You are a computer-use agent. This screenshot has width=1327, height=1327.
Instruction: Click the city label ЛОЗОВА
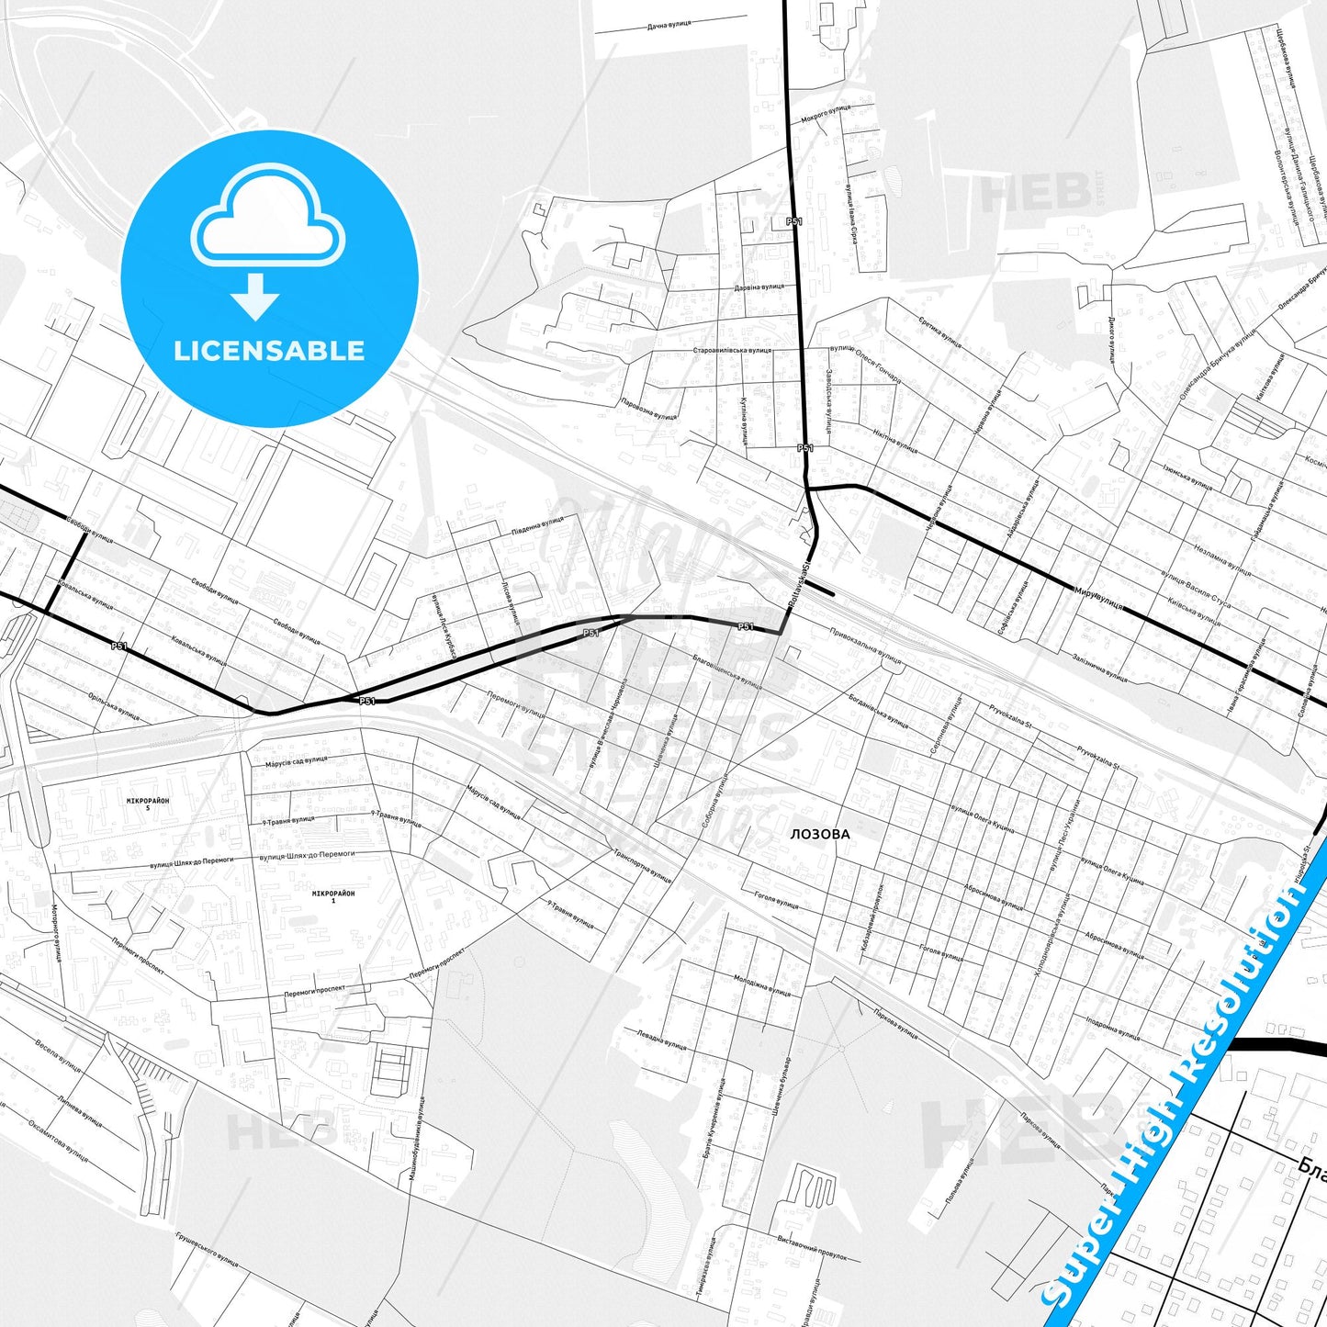[820, 835]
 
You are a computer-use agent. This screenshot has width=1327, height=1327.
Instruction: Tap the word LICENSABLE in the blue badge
[269, 351]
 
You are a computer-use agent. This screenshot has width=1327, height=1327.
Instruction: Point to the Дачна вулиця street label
[669, 27]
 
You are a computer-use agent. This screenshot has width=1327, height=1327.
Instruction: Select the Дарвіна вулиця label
[759, 287]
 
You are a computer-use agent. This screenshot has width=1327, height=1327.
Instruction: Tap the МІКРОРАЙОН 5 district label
[148, 804]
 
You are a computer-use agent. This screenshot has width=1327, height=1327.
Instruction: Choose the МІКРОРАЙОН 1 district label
[333, 896]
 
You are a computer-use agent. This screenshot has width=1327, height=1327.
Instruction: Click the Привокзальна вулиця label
[865, 645]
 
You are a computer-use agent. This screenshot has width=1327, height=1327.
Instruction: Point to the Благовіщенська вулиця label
[728, 671]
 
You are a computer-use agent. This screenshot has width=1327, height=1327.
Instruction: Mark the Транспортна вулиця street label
[642, 865]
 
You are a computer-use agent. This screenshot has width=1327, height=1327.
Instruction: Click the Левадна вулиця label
[661, 1040]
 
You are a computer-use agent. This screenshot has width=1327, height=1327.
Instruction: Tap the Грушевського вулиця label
[207, 1250]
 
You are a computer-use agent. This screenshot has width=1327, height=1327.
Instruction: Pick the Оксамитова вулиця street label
[58, 1141]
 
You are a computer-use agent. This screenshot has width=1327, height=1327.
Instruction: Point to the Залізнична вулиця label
[1099, 668]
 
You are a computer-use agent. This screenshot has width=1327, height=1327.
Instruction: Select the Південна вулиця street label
[537, 526]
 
